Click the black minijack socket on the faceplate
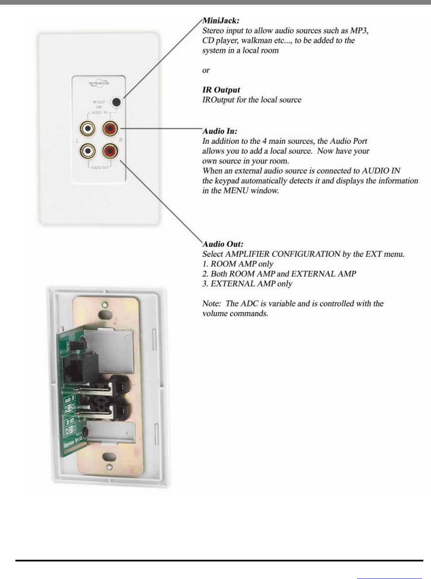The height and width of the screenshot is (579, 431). (x=115, y=102)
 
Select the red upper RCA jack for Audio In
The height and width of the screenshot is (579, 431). (x=110, y=128)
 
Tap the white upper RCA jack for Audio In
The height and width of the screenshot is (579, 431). (x=88, y=128)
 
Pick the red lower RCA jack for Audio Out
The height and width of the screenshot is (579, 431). (x=110, y=150)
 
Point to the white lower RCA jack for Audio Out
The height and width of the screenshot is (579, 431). (x=88, y=150)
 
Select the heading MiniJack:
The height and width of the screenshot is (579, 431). (x=221, y=21)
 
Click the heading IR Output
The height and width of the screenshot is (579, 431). (x=221, y=90)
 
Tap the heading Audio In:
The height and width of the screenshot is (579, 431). (x=220, y=131)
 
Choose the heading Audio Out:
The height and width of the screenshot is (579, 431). (x=223, y=244)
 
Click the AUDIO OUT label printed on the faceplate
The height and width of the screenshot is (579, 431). (x=100, y=167)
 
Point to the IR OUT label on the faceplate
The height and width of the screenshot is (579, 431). (x=99, y=102)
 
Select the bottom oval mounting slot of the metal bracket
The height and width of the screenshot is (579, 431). (x=110, y=456)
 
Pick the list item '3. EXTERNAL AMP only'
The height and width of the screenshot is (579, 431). (x=247, y=284)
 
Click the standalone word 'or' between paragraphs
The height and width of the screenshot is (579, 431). (x=206, y=70)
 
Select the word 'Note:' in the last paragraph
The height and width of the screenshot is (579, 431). (x=212, y=303)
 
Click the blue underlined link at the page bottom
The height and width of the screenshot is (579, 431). (x=389, y=578)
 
